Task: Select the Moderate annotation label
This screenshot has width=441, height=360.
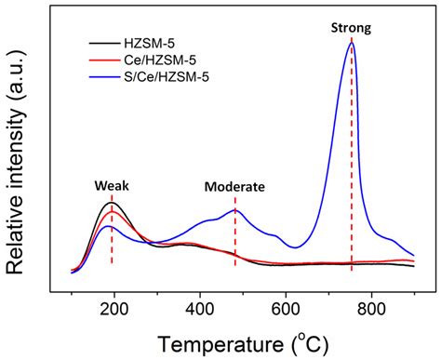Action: (x=234, y=186)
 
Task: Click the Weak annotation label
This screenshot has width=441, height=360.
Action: (x=111, y=185)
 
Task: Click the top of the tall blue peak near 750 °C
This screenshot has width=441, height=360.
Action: (x=351, y=43)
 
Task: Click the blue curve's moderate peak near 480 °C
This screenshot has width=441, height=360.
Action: (x=235, y=210)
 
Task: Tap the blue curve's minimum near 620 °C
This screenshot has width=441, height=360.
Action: (x=295, y=247)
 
